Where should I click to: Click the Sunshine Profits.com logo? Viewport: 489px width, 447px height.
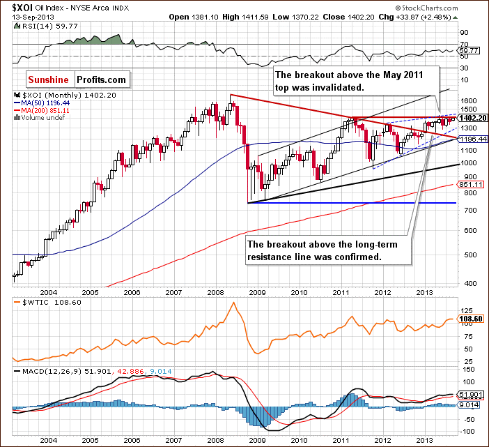point(78,79)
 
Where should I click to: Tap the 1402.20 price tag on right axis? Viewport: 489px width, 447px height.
point(472,118)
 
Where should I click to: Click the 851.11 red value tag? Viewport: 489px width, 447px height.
point(472,184)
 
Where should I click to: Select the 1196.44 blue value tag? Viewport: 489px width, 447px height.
point(472,139)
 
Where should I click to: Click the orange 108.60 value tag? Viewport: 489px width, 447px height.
point(472,318)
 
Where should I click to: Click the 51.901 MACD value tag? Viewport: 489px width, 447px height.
point(472,394)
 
